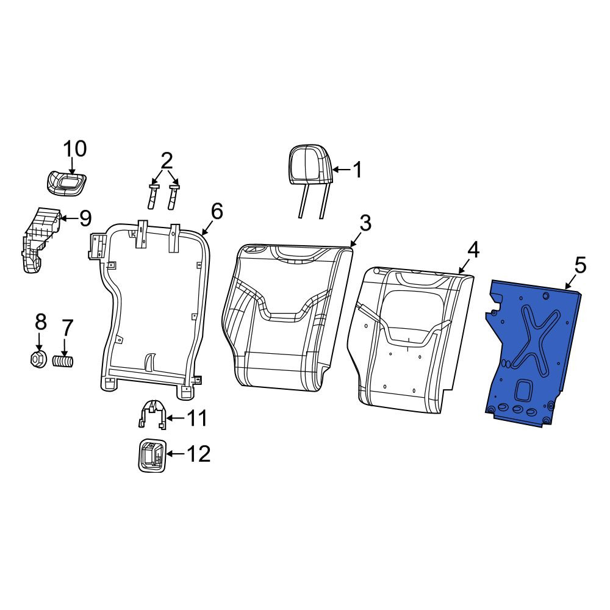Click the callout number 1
pos(357,170)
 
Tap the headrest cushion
pos(310,163)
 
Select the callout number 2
pos(166,160)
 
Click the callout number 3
pos(365,223)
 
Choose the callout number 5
pos(579,266)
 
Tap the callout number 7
pos(66,328)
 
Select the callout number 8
pos(40,322)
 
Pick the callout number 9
pos(85,218)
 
